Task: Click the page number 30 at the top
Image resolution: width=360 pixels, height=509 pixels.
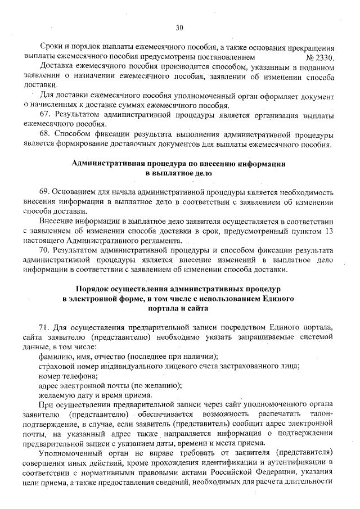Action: tap(179, 27)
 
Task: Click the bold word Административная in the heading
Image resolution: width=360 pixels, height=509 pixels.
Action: tap(107, 164)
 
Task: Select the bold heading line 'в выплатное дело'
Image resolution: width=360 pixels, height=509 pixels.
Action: tap(179, 174)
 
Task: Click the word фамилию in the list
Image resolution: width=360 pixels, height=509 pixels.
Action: tap(56, 357)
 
